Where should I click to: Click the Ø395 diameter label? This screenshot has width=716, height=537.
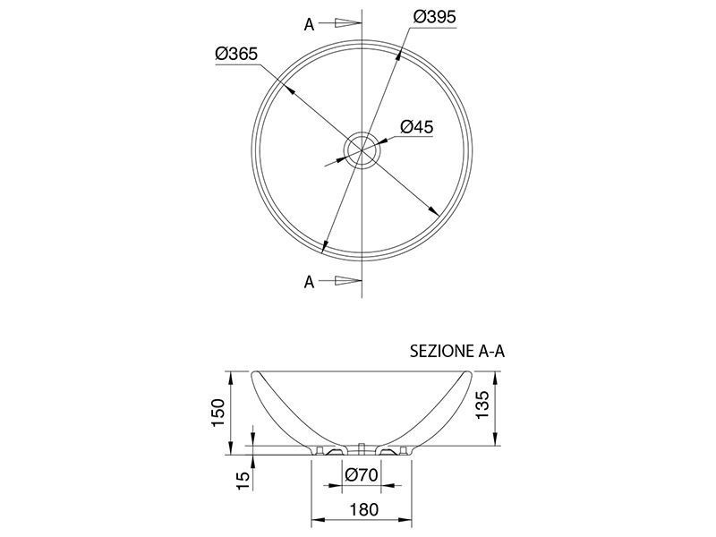pyautogui.click(x=434, y=17)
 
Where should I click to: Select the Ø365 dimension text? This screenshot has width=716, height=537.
pyautogui.click(x=236, y=54)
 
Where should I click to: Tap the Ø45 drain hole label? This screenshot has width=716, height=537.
pyautogui.click(x=416, y=126)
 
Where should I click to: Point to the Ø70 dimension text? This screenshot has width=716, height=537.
pyautogui.click(x=362, y=475)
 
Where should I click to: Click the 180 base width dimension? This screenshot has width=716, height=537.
pyautogui.click(x=364, y=509)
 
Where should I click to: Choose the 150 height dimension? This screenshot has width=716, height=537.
pyautogui.click(x=218, y=413)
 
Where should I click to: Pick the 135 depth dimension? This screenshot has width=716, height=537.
pyautogui.click(x=482, y=405)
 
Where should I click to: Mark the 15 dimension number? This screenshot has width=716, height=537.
pyautogui.click(x=244, y=481)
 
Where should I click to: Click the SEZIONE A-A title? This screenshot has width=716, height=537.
pyautogui.click(x=457, y=351)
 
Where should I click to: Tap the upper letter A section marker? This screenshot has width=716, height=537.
pyautogui.click(x=309, y=25)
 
